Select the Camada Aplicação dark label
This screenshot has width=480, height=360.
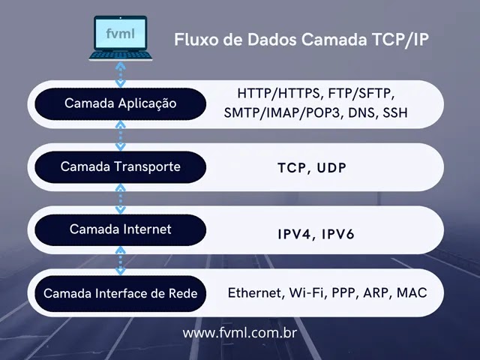[x=121, y=103]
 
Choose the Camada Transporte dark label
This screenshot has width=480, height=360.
[x=121, y=166]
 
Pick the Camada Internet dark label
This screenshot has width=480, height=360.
[x=121, y=229]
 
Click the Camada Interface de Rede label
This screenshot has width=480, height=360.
[x=121, y=293]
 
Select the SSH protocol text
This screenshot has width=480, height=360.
[x=395, y=113]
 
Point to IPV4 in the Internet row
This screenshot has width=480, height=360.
[x=294, y=234]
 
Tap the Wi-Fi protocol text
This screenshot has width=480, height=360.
[x=308, y=292]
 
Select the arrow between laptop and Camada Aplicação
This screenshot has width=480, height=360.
[x=118, y=73]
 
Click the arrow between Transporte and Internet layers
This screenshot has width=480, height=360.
[x=118, y=198]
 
